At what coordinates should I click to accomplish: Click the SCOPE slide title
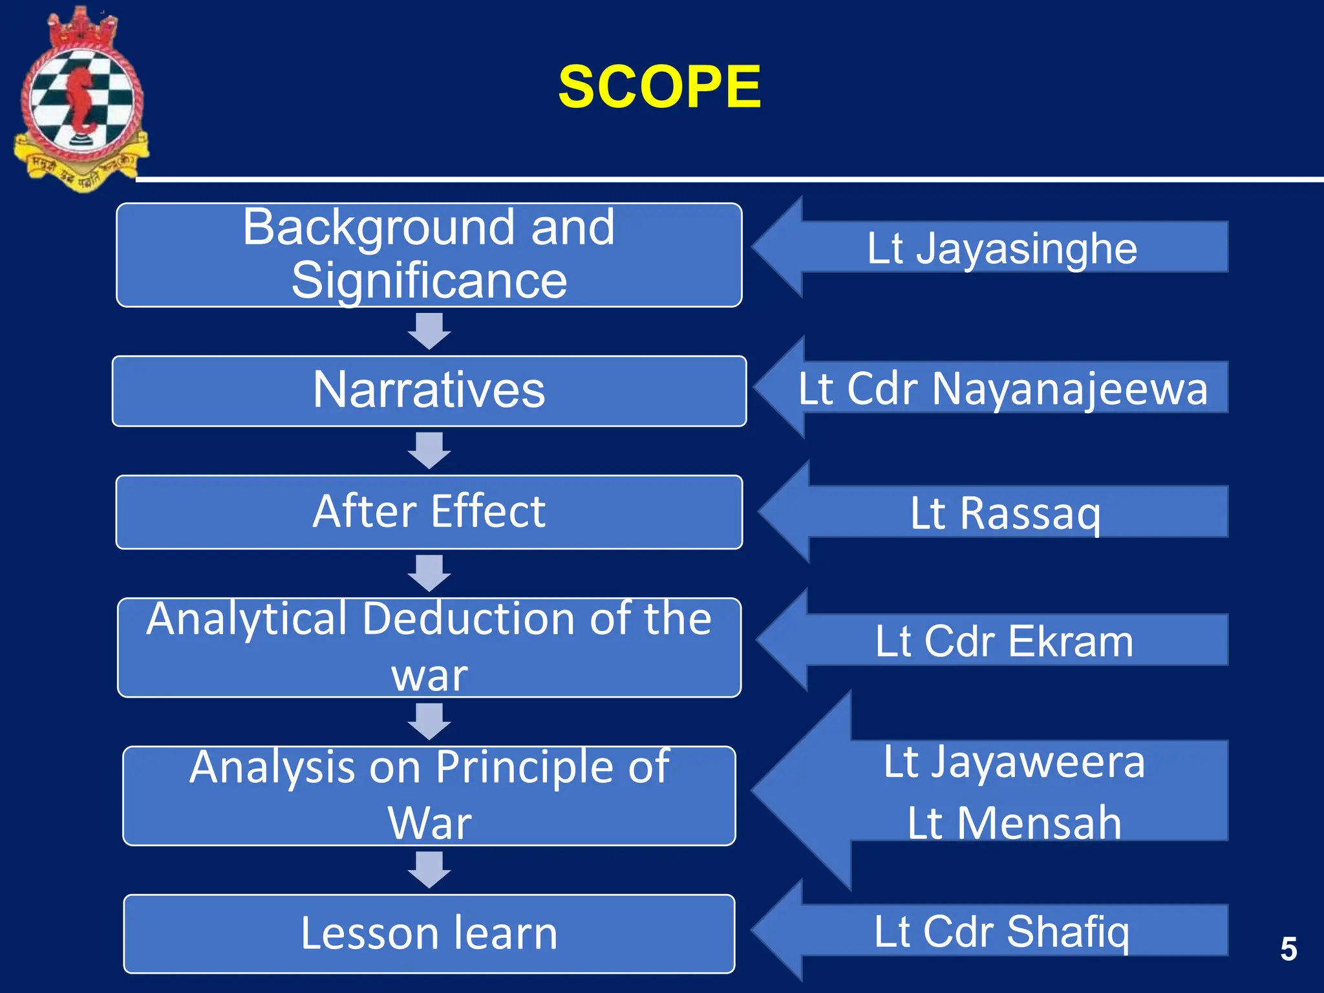coord(659,87)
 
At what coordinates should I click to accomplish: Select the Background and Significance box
coord(429,255)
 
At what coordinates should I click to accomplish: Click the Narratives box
coord(429,390)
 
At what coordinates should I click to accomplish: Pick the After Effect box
coord(429,511)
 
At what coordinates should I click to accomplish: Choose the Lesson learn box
coord(429,933)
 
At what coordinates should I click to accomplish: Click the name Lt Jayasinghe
coord(1001,248)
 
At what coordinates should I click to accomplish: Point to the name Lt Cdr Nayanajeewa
coord(1003,389)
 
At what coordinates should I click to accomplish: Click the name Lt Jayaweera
coord(1014,762)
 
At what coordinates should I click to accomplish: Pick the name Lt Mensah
coord(1014,823)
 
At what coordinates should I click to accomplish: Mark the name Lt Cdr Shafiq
coord(1001,932)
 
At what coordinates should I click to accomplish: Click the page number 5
coord(1288,949)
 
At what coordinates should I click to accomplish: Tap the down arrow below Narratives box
coord(429,451)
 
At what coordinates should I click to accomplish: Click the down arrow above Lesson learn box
coord(429,870)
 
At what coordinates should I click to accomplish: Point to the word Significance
coord(429,281)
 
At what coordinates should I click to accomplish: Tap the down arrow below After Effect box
coord(429,573)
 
